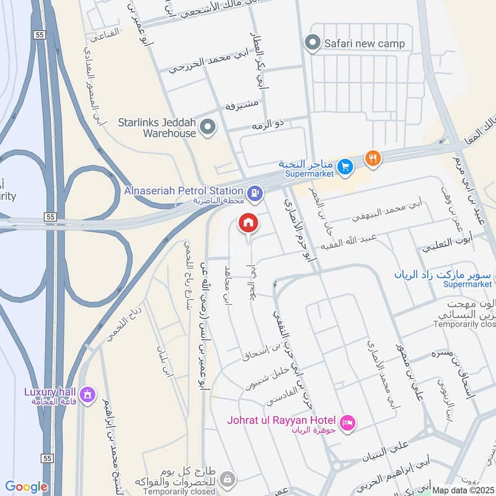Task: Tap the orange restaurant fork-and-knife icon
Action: (x=372, y=158)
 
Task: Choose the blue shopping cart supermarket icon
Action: (x=345, y=166)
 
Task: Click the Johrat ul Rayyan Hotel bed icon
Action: (x=348, y=423)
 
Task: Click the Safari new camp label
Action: (x=365, y=43)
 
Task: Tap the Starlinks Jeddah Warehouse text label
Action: (x=157, y=128)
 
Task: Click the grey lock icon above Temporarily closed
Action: (x=228, y=478)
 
